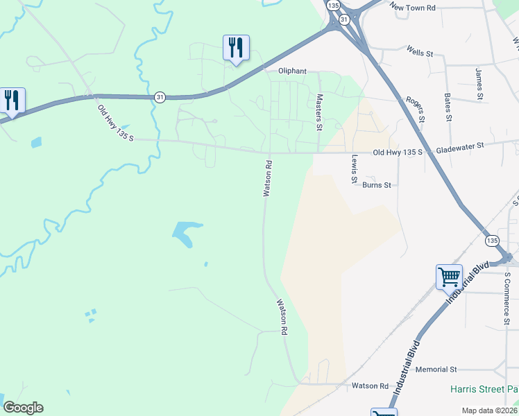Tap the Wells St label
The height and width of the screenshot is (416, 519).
(420, 52)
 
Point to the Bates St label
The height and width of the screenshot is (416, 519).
(448, 107)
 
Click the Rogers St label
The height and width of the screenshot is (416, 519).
(415, 109)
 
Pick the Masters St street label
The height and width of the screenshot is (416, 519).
(319, 112)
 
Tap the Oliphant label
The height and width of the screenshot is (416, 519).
(292, 71)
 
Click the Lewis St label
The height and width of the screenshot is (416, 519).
(354, 169)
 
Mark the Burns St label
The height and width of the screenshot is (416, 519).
(377, 185)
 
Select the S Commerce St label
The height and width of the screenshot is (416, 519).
(507, 298)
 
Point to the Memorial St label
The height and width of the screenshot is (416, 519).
(436, 370)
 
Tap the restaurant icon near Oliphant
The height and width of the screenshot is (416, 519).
(236, 48)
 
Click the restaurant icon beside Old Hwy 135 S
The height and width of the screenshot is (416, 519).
(12, 100)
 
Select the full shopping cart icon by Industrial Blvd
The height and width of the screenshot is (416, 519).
(449, 277)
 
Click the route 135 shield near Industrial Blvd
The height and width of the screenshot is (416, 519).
(492, 240)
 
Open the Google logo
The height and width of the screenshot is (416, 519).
(23, 408)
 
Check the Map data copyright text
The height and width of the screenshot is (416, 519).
(488, 410)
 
